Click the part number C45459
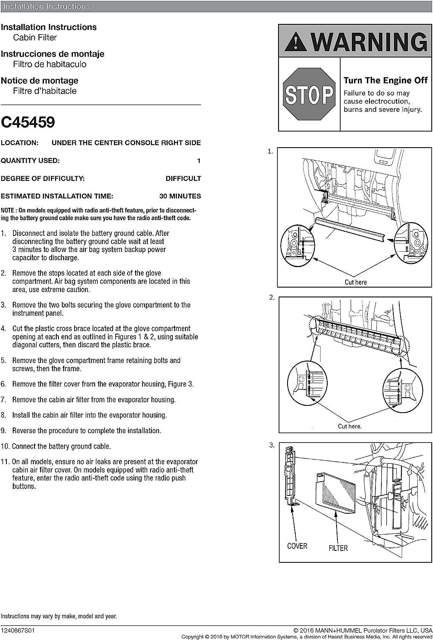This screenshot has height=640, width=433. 28,122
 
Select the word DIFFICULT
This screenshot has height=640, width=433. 183,178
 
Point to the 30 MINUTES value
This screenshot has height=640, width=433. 180,196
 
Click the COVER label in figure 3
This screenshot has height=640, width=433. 297,546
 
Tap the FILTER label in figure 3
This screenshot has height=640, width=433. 338,548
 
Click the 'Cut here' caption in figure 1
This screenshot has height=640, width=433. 355,282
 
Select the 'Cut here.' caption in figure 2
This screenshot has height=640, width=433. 349,426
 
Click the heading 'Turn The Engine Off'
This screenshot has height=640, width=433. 385,80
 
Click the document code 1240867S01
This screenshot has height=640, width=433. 17,630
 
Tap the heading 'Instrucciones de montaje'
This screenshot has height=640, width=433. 52,54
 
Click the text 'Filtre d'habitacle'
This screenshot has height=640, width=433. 45,91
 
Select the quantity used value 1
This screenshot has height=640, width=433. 198,161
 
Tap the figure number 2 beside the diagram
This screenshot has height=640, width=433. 272,297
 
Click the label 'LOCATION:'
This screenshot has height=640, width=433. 20,143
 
